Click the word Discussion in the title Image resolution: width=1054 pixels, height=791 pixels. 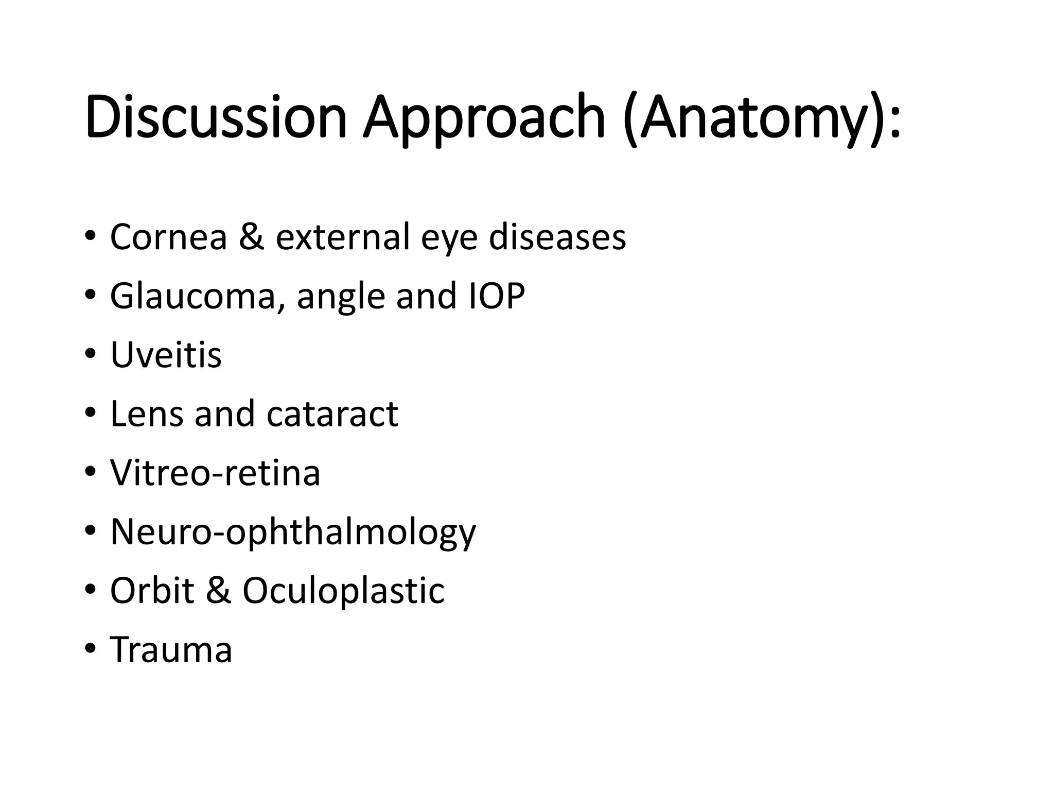click(x=216, y=117)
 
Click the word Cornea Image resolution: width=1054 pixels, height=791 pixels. click(x=168, y=237)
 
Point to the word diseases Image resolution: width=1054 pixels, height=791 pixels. click(x=557, y=237)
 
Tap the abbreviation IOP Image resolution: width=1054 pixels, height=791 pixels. click(x=497, y=296)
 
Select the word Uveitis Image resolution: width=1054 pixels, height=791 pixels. click(x=166, y=355)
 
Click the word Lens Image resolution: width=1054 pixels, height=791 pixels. click(x=146, y=414)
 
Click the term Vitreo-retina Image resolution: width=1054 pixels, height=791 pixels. click(x=215, y=473)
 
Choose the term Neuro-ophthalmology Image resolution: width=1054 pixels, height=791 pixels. click(x=293, y=532)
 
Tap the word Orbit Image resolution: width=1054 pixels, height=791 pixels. click(x=152, y=590)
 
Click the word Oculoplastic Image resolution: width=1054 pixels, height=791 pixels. click(x=343, y=590)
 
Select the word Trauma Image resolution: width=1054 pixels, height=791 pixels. click(x=171, y=649)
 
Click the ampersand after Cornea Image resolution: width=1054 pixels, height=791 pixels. click(x=251, y=237)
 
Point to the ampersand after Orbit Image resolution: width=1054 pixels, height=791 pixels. click(x=218, y=590)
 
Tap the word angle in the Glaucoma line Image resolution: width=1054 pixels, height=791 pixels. click(x=341, y=297)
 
